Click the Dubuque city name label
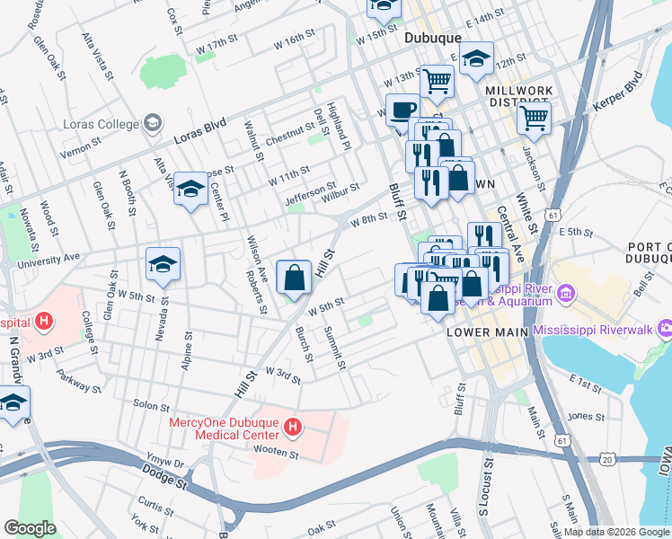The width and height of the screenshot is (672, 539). [432, 38]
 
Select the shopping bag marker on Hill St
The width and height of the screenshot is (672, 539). [295, 278]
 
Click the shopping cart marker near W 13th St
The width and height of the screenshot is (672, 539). [438, 81]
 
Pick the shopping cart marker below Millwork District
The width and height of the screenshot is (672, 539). [535, 116]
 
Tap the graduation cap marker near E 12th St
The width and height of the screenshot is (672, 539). [477, 59]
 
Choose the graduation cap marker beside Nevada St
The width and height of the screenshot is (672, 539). [164, 265]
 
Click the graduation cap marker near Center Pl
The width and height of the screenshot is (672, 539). [190, 190]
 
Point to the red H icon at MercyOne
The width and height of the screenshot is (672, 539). [290, 426]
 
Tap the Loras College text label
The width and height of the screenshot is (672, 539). [99, 123]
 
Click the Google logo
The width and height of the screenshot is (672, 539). [30, 528]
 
